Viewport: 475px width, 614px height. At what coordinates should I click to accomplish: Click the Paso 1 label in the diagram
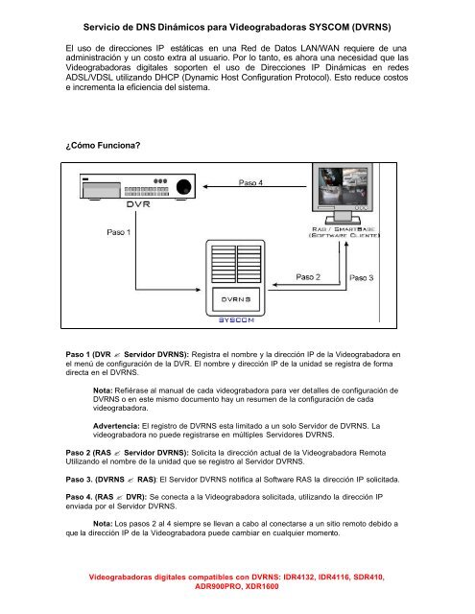tap(120, 231)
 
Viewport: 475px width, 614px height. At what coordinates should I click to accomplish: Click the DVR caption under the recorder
tap(137, 202)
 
